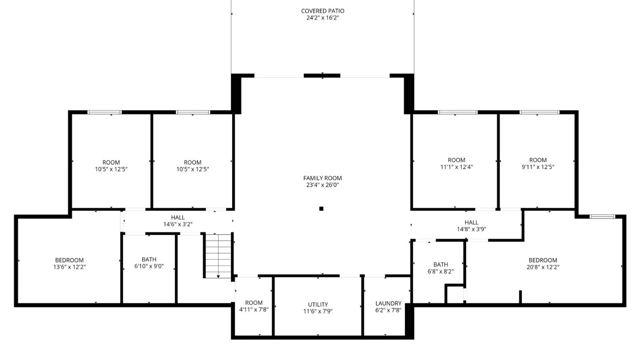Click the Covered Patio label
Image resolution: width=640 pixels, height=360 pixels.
click(x=322, y=11)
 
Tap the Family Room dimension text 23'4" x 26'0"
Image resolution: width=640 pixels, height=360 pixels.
click(x=322, y=185)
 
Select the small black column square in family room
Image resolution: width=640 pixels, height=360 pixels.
click(x=321, y=209)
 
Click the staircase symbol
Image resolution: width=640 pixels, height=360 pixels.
click(x=218, y=255)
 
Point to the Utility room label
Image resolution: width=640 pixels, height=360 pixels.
click(x=318, y=304)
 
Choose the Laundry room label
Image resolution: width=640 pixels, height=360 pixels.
click(x=388, y=303)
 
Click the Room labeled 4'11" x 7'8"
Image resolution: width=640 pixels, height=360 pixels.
click(x=254, y=306)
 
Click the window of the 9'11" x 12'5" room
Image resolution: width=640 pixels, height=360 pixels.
click(x=539, y=112)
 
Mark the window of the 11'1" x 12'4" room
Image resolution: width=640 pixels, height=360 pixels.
click(x=457, y=112)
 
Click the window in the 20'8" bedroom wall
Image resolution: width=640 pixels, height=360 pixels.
click(x=602, y=217)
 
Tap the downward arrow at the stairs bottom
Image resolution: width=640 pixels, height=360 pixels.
click(x=218, y=276)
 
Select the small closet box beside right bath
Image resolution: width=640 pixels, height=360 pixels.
click(x=455, y=295)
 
